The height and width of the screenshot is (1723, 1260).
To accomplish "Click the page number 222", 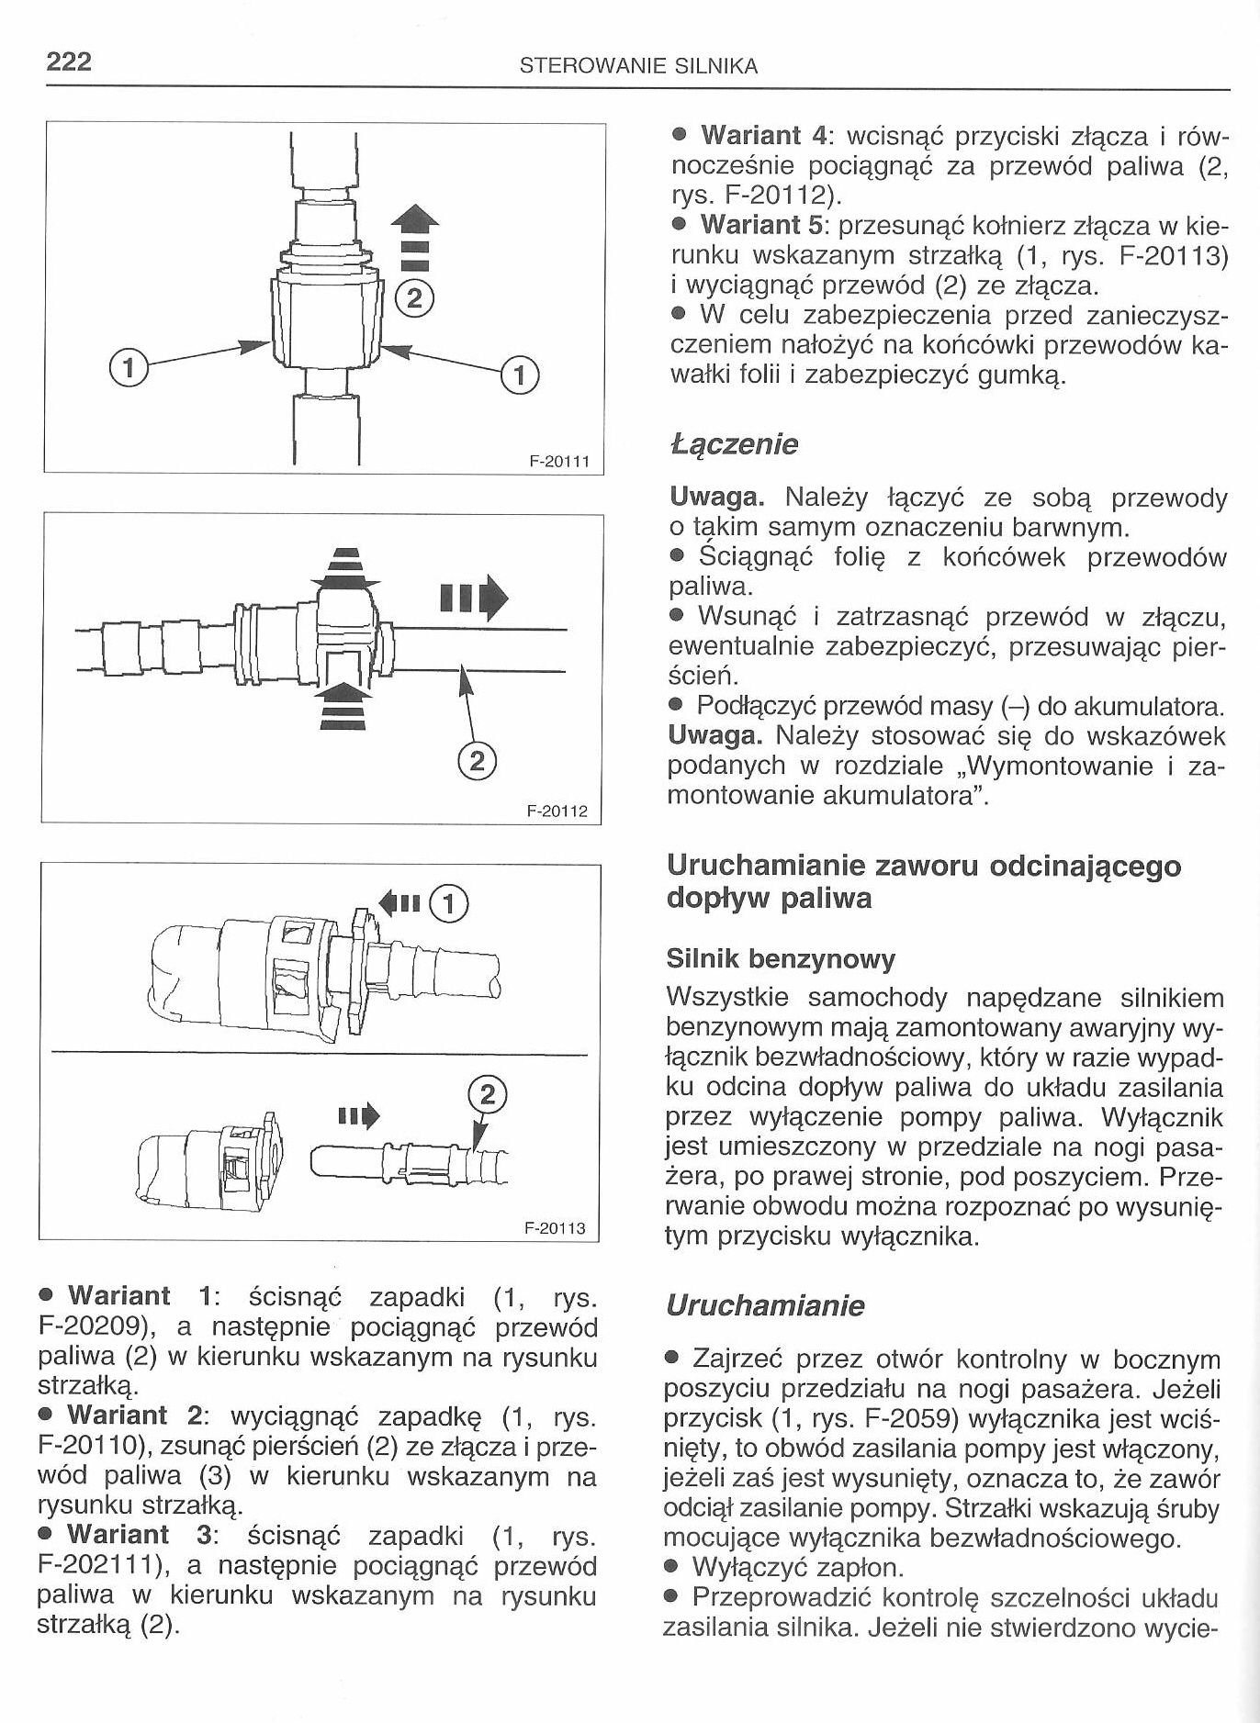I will [x=69, y=62].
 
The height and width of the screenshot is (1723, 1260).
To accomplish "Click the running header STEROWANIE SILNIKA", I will [x=638, y=66].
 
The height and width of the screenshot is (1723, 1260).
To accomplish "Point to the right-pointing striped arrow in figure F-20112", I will [x=474, y=598].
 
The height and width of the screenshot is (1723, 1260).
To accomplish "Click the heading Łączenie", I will [x=735, y=444].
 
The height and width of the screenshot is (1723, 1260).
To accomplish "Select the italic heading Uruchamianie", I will [x=766, y=1305].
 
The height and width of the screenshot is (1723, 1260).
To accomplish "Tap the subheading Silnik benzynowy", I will [x=780, y=959].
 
